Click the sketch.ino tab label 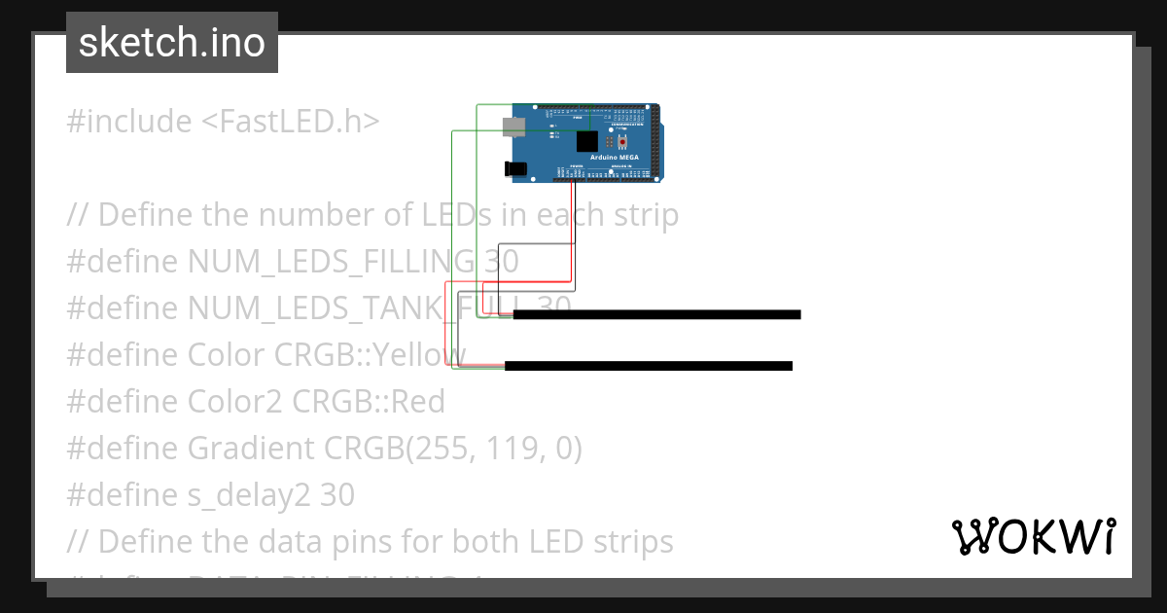172,43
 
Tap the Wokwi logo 1033,536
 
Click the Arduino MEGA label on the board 613,156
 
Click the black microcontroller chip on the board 586,141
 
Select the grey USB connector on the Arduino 513,126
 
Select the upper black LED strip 656,314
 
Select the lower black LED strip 649,366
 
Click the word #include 129,122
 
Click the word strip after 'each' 641,214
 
